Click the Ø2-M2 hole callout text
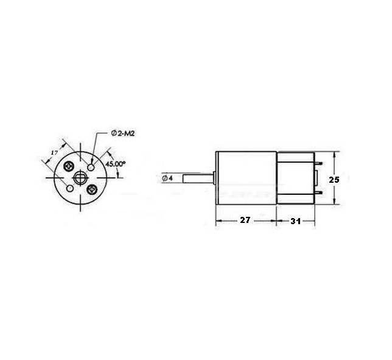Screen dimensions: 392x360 coord(122,133)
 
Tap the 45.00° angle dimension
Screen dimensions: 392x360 coord(115,164)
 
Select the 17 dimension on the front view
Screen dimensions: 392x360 coord(54,152)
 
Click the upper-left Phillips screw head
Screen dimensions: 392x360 coord(69,166)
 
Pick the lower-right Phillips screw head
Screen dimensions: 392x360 coord(92,189)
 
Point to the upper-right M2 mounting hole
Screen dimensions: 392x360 coord(91,167)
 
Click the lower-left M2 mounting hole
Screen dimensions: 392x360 coord(69,188)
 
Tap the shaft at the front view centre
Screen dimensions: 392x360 coord(80,178)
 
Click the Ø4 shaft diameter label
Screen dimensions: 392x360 coord(167,178)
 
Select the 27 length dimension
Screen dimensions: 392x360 coord(245,220)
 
